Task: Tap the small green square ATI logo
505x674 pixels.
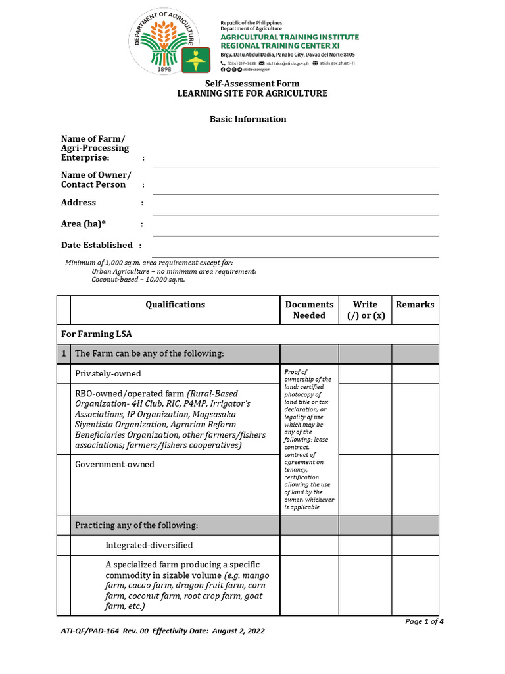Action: [195, 61]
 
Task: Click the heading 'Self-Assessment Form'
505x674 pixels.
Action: [252, 84]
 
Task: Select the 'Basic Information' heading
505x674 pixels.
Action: [248, 119]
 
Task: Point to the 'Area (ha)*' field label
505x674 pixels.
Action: [84, 224]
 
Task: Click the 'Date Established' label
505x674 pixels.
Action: [97, 245]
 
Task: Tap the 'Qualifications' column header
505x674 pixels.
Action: [175, 305]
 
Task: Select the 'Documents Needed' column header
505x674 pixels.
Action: [309, 310]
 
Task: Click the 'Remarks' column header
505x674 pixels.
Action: [415, 305]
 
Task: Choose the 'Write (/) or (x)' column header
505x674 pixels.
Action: [365, 310]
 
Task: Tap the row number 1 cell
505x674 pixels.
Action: [64, 354]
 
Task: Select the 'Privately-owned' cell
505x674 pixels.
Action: [108, 374]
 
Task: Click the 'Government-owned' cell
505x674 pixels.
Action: [114, 465]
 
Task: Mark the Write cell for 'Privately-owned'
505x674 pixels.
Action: [365, 374]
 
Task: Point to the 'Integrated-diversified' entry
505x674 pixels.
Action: [149, 546]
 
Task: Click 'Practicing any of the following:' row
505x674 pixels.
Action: [136, 525]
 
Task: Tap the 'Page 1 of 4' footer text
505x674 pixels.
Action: [424, 621]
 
